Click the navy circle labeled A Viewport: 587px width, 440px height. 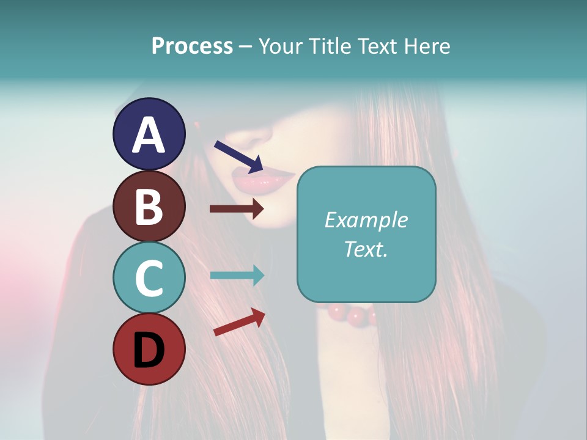[x=149, y=134]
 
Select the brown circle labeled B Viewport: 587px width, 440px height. [x=149, y=206]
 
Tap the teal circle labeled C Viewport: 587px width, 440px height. [x=149, y=277]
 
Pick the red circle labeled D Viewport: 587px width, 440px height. [x=149, y=349]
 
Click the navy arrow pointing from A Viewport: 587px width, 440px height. [x=238, y=156]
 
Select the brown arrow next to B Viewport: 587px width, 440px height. [x=237, y=209]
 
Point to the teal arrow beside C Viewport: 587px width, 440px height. [x=237, y=275]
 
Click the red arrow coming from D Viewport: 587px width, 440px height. [x=239, y=322]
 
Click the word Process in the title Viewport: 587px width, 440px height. [x=192, y=46]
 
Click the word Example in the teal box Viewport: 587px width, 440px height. [x=366, y=220]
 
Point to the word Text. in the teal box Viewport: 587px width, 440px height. [x=366, y=249]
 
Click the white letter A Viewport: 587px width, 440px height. [x=149, y=135]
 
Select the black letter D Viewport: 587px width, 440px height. [x=149, y=350]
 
